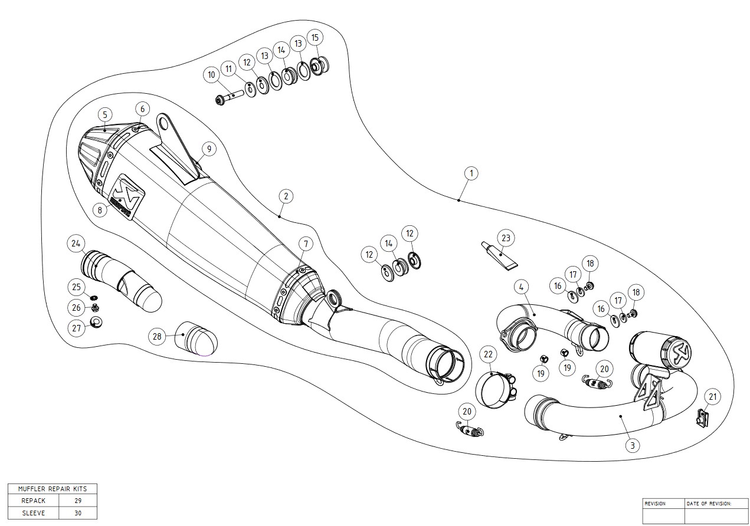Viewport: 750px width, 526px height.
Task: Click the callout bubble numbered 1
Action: click(470, 173)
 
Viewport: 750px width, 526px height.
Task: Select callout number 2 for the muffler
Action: click(284, 196)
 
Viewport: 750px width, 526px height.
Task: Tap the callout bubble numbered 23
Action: click(506, 238)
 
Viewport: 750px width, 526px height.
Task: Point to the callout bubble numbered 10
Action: click(211, 75)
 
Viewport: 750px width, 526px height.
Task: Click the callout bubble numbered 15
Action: click(315, 38)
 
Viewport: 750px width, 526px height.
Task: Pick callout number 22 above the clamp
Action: click(488, 354)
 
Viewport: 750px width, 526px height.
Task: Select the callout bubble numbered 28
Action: click(157, 337)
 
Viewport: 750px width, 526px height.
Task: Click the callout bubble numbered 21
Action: click(713, 397)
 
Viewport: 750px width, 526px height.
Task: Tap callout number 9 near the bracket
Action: click(208, 149)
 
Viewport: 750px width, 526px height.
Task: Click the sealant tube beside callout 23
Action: click(496, 255)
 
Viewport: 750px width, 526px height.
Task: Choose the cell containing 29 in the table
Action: click(78, 501)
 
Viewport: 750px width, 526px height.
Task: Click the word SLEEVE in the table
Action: click(34, 512)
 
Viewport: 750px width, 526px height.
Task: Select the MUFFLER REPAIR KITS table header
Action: click(52, 489)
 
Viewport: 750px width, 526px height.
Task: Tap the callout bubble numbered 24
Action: click(77, 243)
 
